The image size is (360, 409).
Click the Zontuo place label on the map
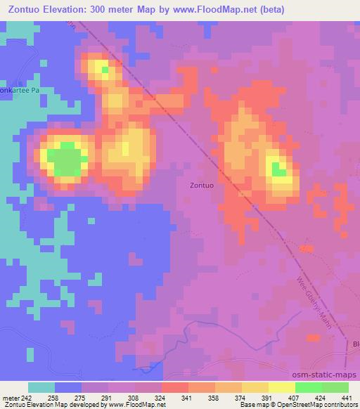(x=202, y=186)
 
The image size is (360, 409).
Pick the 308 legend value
(x=134, y=397)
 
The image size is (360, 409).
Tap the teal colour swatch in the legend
(x=41, y=387)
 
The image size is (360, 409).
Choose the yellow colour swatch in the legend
(x=281, y=387)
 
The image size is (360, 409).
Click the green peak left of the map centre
(x=67, y=159)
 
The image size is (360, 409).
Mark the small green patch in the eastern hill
(x=278, y=169)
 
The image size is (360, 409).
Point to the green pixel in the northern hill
(x=105, y=69)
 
